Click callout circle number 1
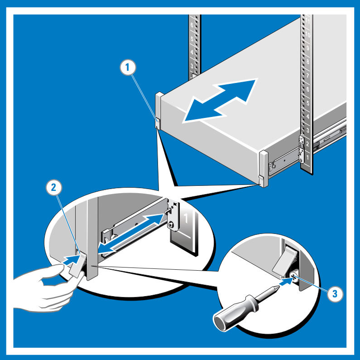(128, 68)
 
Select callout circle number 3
(334, 294)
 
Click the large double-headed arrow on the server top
(220, 101)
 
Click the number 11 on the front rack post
(307, 21)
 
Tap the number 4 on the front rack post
(307, 117)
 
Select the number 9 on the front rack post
(307, 48)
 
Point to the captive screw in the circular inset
(293, 279)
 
